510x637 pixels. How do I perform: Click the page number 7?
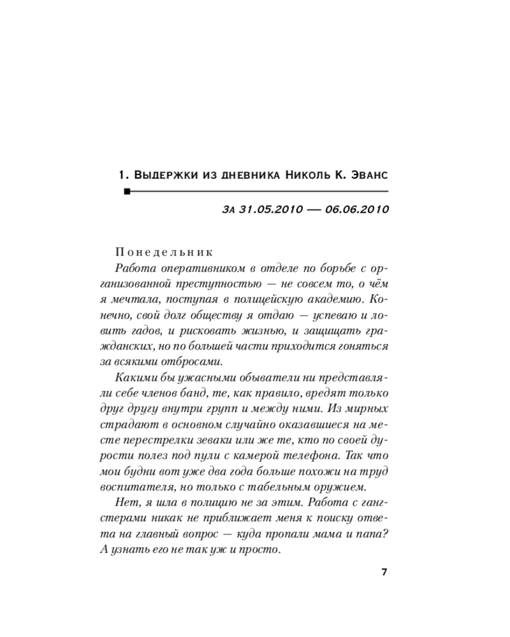pyautogui.click(x=384, y=571)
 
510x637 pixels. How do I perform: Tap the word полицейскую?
pyautogui.click(x=277, y=299)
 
